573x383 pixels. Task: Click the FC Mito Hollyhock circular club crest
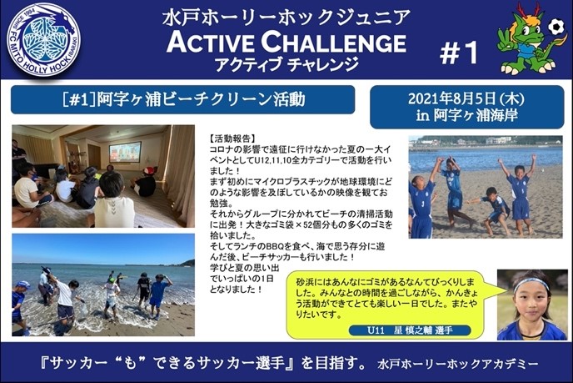(x=43, y=39)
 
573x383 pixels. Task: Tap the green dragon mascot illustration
(x=526, y=39)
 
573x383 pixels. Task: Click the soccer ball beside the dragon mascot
(x=556, y=27)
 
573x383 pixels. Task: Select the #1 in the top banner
(x=459, y=53)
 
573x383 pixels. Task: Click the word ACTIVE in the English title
(x=211, y=42)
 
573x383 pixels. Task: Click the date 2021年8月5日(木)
(x=466, y=98)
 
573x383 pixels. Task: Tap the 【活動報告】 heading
(x=232, y=139)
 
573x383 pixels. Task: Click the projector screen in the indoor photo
(x=125, y=152)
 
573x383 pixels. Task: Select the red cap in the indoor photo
(x=149, y=170)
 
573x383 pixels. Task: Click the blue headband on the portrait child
(x=531, y=284)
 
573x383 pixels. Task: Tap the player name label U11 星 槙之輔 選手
(x=410, y=330)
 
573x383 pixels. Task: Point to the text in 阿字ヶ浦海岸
(x=466, y=116)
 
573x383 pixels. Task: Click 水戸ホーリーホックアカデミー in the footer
(x=458, y=364)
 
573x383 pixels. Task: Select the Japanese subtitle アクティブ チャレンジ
(x=286, y=64)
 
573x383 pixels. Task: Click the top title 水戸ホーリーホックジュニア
(x=286, y=18)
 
